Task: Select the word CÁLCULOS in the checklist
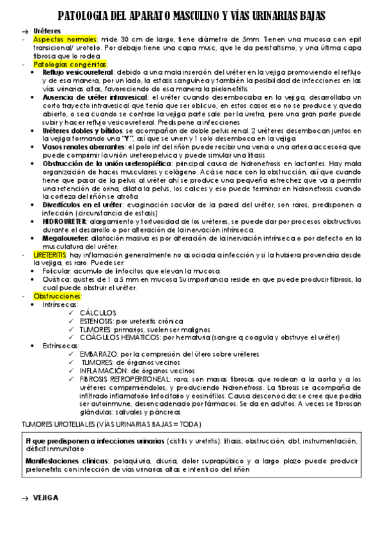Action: pos(98,313)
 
